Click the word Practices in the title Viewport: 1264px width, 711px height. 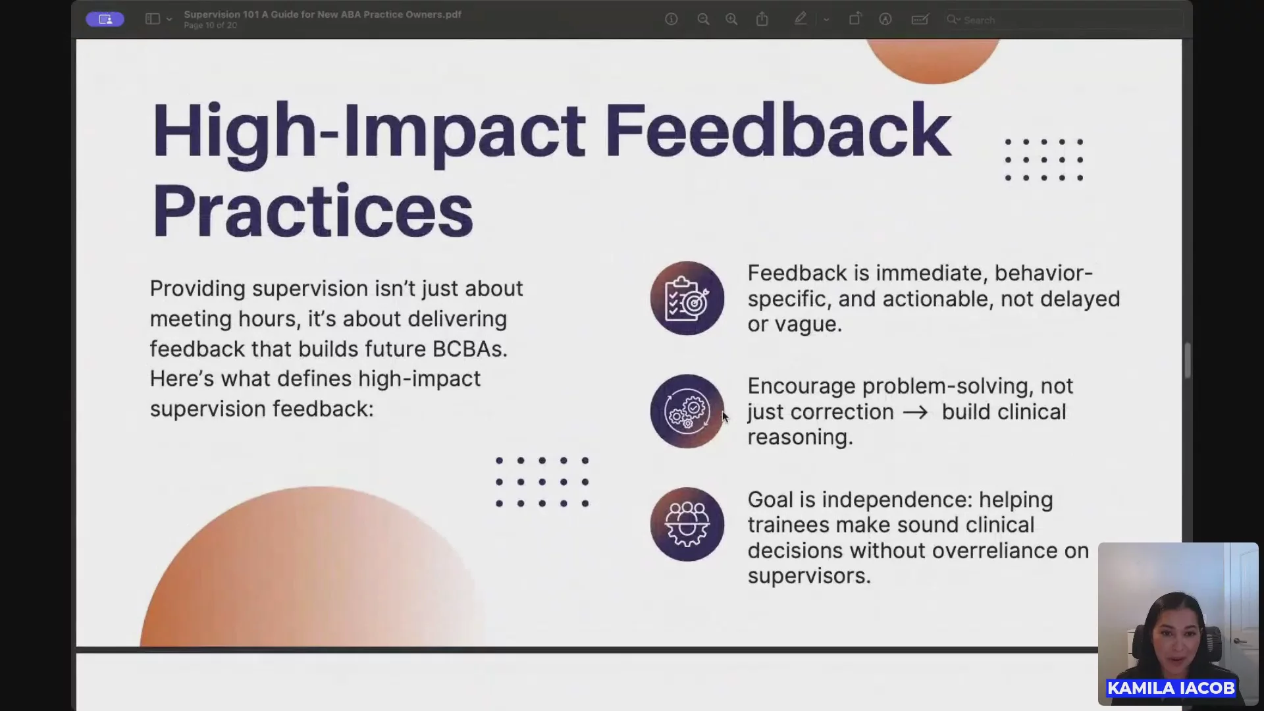[313, 211]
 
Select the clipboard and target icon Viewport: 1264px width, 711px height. [687, 298]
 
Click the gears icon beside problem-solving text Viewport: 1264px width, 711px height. [687, 411]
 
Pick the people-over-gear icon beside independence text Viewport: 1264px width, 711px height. [687, 525]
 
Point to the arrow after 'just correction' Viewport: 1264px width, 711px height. [916, 413]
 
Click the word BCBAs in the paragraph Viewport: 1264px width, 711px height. [470, 349]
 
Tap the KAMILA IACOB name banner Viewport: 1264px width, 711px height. [1171, 688]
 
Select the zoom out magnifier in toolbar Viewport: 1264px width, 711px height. [703, 20]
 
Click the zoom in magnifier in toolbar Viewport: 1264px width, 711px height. [731, 20]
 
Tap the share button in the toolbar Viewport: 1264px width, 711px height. [762, 19]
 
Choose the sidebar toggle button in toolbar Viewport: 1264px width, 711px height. [153, 19]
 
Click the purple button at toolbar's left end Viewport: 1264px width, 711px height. [105, 19]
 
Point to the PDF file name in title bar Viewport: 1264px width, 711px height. [323, 14]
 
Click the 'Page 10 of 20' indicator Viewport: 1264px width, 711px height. [211, 26]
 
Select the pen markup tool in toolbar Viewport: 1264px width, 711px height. [801, 19]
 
